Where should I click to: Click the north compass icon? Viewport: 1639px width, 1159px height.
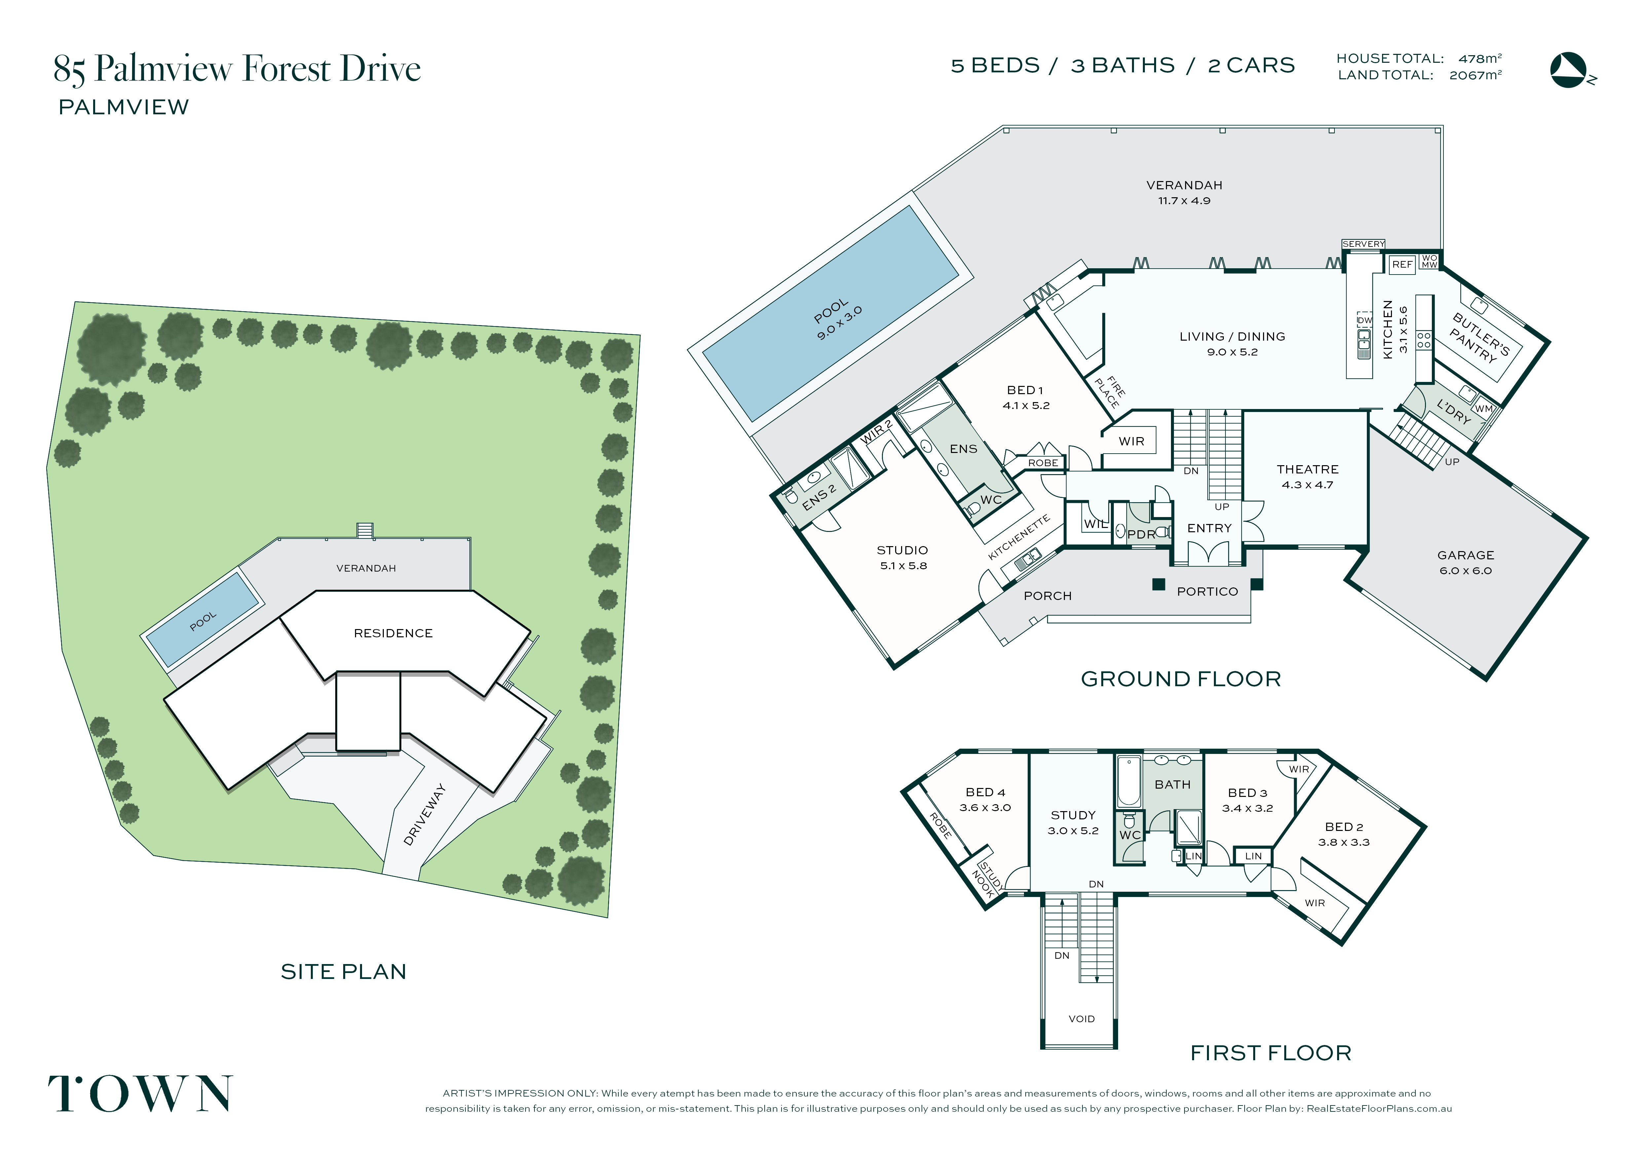1570,70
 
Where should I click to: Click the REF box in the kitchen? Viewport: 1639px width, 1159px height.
1402,264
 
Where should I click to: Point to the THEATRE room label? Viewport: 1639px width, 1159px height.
1308,469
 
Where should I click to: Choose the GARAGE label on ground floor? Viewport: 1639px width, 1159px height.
1466,555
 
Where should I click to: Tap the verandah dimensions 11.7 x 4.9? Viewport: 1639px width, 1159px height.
1184,201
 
